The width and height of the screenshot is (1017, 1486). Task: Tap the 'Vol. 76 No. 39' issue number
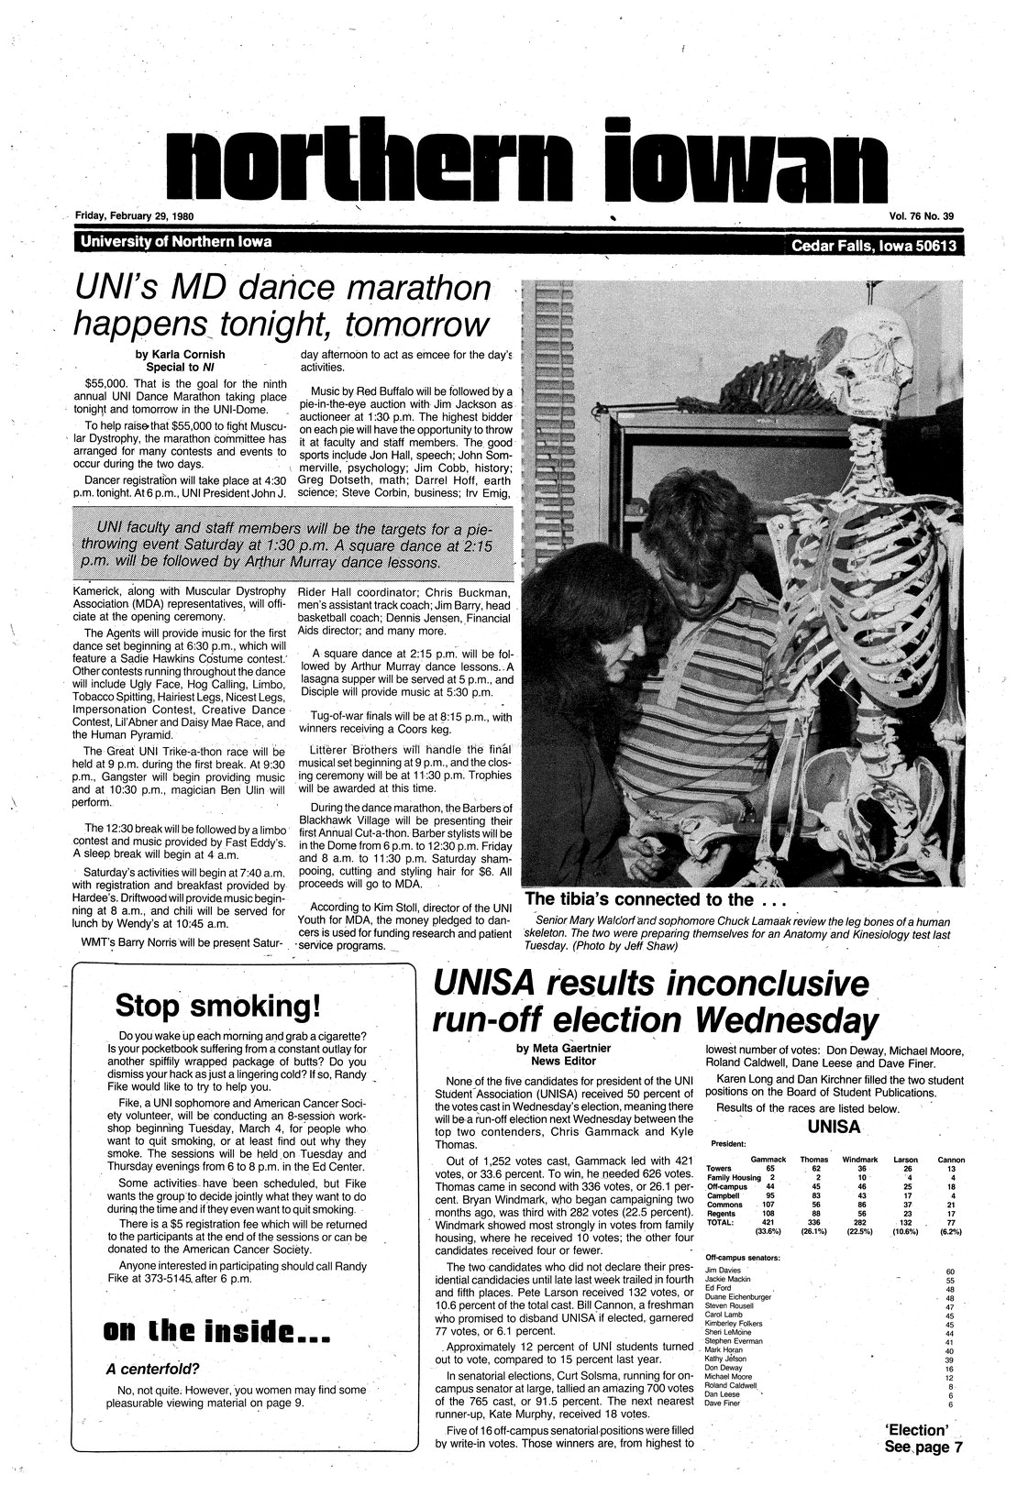pyautogui.click(x=921, y=216)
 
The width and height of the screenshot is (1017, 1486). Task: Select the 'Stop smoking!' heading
pyautogui.click(x=217, y=1006)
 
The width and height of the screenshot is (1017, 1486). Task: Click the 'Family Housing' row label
pyautogui.click(x=734, y=1177)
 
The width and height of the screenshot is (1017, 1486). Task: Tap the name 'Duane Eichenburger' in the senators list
pyautogui.click(x=738, y=1297)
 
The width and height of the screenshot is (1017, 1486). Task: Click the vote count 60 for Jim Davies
pyautogui.click(x=949, y=1271)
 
